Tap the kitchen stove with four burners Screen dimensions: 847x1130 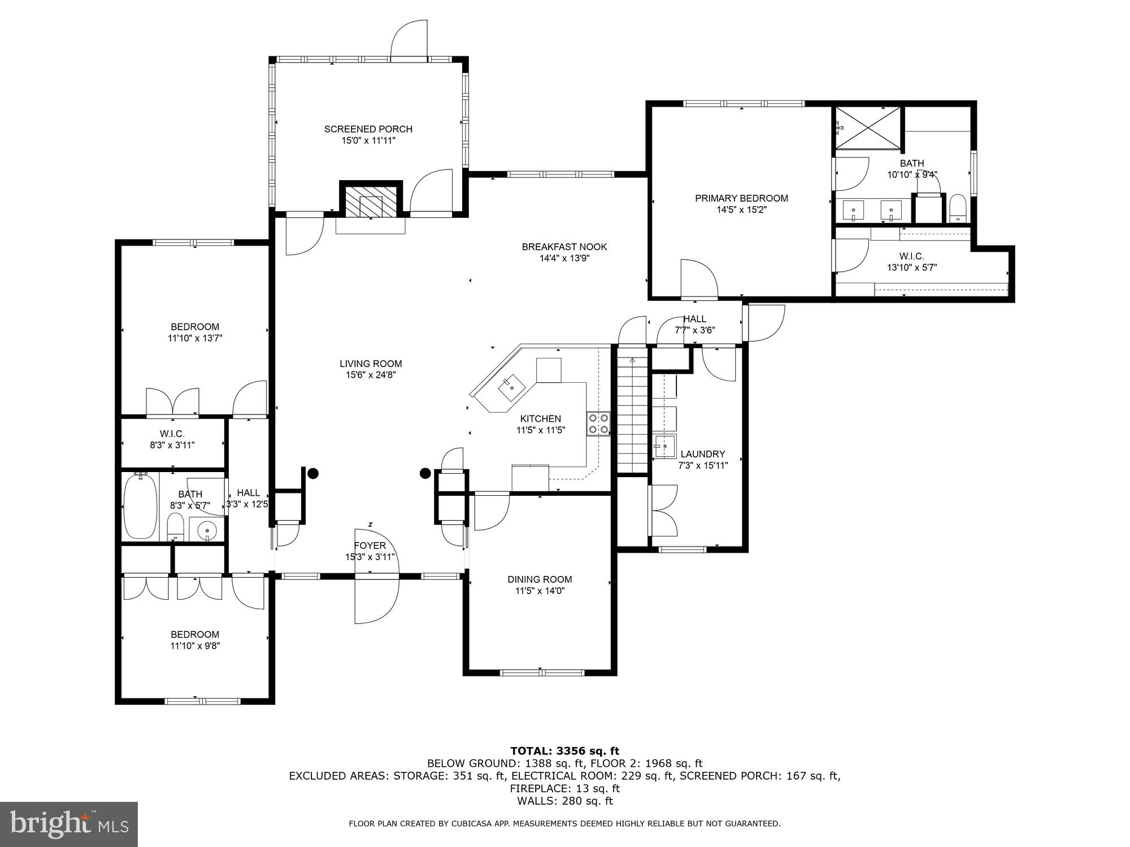tap(598, 423)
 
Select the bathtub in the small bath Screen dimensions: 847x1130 tap(140, 507)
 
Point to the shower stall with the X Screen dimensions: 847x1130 tap(868, 129)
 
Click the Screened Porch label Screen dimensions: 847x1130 tap(368, 129)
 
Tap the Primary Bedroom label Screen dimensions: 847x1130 tap(741, 198)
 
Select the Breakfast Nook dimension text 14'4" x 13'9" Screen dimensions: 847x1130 tap(564, 259)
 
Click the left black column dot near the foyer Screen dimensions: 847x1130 tap(312, 474)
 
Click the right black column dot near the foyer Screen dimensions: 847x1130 tap(425, 474)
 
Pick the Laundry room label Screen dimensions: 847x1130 tap(702, 454)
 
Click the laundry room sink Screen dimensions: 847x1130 tap(665, 446)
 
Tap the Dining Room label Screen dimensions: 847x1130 tap(539, 579)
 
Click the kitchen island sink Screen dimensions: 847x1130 tap(511, 386)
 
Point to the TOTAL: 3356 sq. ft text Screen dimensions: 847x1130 tap(564, 751)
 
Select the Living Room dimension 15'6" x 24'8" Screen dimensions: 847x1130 tap(371, 375)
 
